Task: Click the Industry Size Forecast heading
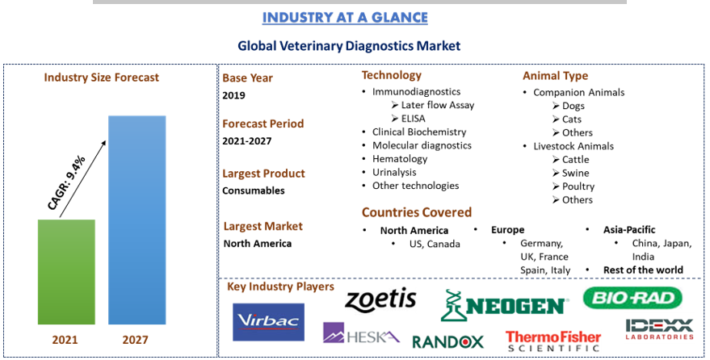click(101, 78)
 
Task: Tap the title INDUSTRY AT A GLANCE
click(345, 17)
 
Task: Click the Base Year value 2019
click(234, 95)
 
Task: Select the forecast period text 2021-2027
click(247, 141)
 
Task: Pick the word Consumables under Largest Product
click(254, 190)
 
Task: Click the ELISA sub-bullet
click(413, 119)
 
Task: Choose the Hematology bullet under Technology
click(400, 159)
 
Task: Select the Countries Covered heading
click(417, 212)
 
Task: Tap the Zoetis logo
click(380, 301)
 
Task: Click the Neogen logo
click(503, 304)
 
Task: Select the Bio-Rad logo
click(632, 299)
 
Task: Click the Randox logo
click(447, 341)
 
